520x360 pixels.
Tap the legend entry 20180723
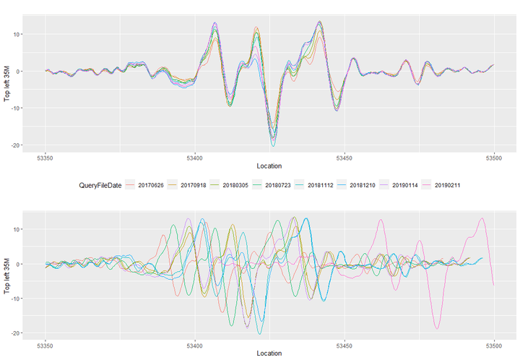[x=280, y=186]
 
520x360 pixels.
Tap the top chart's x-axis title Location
[x=269, y=166]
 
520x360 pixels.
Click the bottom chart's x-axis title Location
[x=269, y=353]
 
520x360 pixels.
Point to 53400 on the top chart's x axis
[x=195, y=157]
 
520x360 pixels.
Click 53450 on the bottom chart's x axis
[x=344, y=344]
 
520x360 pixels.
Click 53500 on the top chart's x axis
[x=494, y=157]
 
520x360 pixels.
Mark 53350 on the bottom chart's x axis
[x=45, y=344]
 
